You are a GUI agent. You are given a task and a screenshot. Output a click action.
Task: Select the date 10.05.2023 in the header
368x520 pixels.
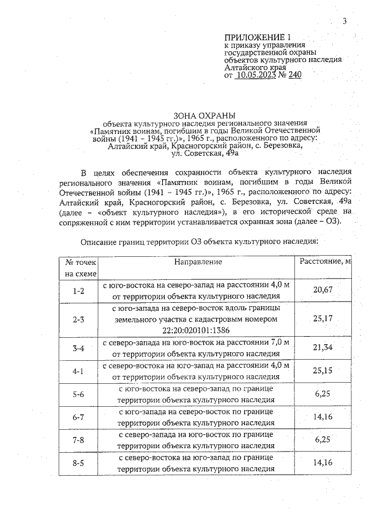pyautogui.click(x=258, y=74)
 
